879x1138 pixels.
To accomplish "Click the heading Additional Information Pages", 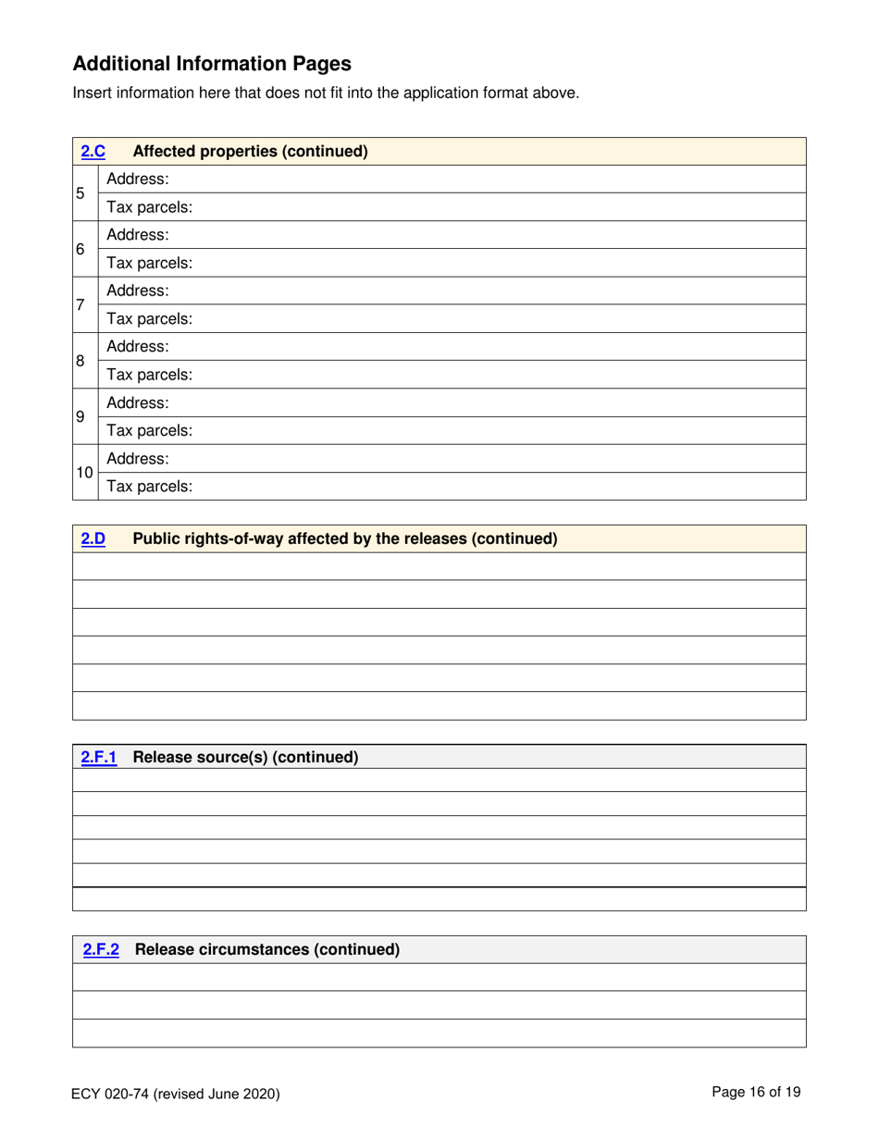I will tap(212, 64).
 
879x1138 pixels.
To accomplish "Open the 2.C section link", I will tap(93, 151).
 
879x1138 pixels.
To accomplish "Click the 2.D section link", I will tap(93, 538).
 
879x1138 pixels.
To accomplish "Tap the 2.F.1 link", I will tap(99, 757).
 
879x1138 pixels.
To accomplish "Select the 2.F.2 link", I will tap(102, 949).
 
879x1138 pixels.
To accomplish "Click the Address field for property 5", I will tap(490, 179).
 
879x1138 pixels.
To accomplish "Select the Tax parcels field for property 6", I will tap(490, 263).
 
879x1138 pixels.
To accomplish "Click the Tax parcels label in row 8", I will tap(149, 375).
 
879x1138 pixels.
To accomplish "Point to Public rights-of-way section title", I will tap(345, 538).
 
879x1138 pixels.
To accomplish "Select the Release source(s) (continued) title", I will tap(245, 757).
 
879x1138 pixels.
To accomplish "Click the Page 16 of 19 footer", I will tap(756, 1092).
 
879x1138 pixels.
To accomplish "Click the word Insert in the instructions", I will tap(91, 93).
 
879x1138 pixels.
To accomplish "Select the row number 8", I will tap(81, 360).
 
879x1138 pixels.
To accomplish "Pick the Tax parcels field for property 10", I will tap(490, 486).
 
